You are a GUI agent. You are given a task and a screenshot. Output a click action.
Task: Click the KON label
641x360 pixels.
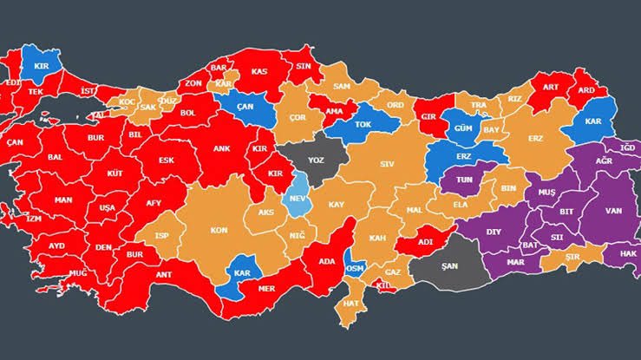click(219, 231)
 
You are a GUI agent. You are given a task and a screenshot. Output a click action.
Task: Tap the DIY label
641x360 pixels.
click(493, 232)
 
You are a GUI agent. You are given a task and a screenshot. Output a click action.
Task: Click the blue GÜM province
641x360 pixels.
click(461, 128)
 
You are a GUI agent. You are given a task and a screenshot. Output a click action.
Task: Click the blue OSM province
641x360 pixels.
click(355, 267)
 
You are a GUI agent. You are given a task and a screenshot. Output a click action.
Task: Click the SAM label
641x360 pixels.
click(342, 86)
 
